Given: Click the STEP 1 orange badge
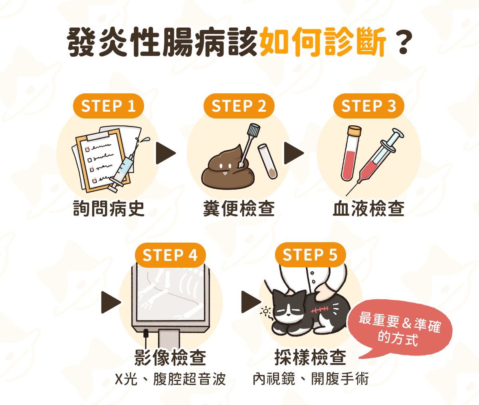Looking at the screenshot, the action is (x=109, y=106).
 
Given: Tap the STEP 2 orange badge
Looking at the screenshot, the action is (x=239, y=106).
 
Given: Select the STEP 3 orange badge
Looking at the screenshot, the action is (x=369, y=106).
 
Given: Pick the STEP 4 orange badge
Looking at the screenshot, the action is (x=170, y=255).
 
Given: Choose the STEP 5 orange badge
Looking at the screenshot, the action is (x=310, y=255).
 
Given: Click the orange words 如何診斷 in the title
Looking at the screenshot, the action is (x=323, y=42).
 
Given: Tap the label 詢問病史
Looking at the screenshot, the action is (x=109, y=209).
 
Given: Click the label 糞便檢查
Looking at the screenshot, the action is (x=239, y=209).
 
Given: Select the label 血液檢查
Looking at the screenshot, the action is (x=369, y=209).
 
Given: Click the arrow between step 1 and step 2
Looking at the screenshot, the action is (x=165, y=153).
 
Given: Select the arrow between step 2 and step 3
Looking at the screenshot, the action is (x=294, y=153).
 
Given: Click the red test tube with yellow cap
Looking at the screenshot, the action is (x=350, y=153).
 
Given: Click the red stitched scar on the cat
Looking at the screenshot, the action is (x=320, y=309).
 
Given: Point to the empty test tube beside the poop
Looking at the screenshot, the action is (x=268, y=161).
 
